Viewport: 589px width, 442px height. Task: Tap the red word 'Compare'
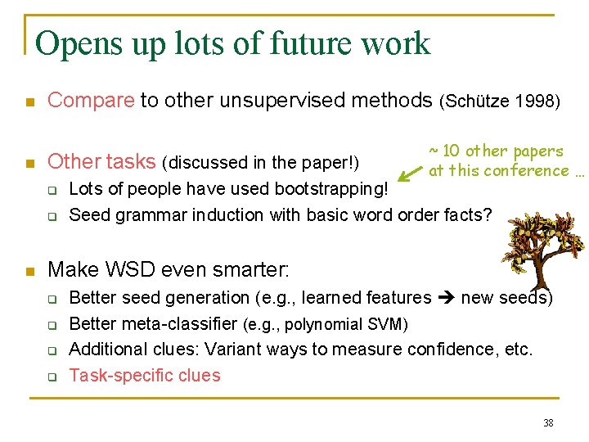coord(91,101)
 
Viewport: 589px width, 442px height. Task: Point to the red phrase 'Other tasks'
coord(101,161)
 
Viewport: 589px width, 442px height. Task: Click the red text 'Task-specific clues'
coord(145,376)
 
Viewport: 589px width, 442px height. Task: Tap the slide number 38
coord(548,423)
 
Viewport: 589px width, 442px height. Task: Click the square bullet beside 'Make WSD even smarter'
coord(29,270)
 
